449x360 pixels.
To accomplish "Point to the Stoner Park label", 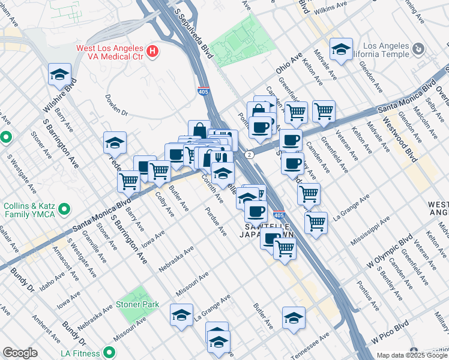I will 137,304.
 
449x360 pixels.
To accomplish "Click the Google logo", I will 20,353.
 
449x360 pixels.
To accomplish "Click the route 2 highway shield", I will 249,154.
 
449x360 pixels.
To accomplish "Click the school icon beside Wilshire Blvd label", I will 60,75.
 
